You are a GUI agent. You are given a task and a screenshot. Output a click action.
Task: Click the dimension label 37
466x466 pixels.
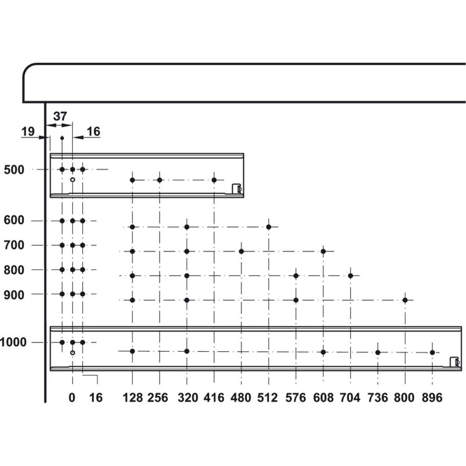point(60,116)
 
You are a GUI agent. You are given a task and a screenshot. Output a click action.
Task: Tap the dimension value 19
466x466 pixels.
point(28,132)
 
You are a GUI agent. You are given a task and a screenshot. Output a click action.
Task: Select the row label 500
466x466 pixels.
point(14,170)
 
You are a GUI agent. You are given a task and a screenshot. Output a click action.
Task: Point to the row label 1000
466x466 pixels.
point(13,343)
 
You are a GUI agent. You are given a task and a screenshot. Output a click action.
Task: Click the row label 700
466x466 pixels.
point(14,245)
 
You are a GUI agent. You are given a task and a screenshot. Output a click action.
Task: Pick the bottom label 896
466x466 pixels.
point(432,398)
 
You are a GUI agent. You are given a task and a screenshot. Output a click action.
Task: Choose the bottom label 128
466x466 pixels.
point(133,398)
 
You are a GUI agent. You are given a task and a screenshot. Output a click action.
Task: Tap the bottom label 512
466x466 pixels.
point(267,398)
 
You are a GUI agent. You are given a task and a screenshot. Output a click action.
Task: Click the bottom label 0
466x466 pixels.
point(72,398)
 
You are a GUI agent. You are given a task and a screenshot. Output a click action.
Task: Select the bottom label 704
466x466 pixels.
point(350,398)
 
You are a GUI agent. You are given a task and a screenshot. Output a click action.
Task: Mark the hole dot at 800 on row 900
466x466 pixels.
point(405,300)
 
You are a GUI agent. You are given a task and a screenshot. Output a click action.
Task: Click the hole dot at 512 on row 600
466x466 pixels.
point(269,227)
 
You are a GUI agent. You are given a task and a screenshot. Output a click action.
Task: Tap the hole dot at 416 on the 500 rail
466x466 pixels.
point(214,180)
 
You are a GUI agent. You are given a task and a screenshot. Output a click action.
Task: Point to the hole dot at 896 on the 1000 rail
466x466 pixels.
point(432,352)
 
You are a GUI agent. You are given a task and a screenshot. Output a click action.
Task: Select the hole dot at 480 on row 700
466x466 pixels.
point(241,252)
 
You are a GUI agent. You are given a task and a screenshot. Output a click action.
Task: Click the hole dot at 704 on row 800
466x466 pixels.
point(351,276)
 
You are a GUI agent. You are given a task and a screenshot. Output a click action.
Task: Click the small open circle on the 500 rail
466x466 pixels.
point(72,179)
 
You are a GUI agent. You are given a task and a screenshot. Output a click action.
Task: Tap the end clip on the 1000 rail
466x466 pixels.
point(455,362)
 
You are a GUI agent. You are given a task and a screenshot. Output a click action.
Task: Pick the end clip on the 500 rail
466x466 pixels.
point(237,189)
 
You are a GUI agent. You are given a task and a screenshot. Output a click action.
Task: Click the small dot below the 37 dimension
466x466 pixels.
point(62,138)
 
